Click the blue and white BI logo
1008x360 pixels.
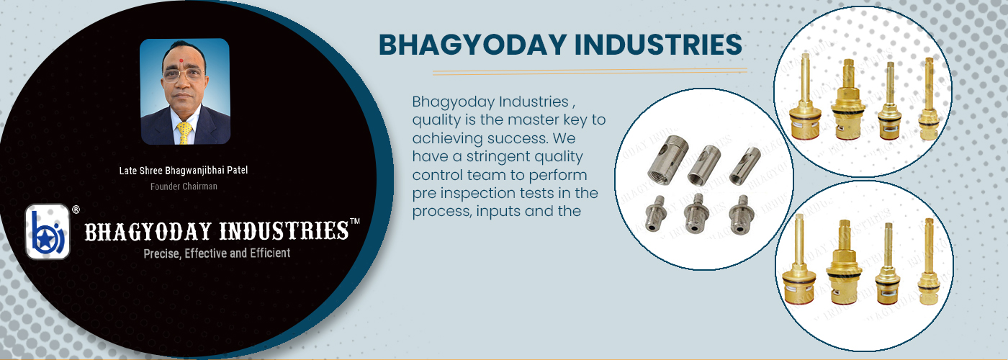tap(48, 232)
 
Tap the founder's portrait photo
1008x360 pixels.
tap(184, 91)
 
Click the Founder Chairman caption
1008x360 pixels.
tap(184, 186)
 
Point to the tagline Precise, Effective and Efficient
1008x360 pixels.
tap(217, 253)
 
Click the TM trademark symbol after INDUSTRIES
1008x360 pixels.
tap(354, 222)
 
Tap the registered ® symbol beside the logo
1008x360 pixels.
tap(76, 210)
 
